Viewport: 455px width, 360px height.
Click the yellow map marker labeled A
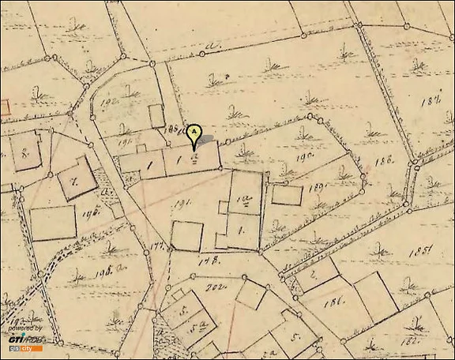pos(194,135)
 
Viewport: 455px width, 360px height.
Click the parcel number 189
pos(318,187)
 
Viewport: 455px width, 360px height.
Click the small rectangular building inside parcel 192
pos(156,115)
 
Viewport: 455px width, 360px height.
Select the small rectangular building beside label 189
pos(287,194)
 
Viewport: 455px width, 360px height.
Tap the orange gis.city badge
pos(21,348)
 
